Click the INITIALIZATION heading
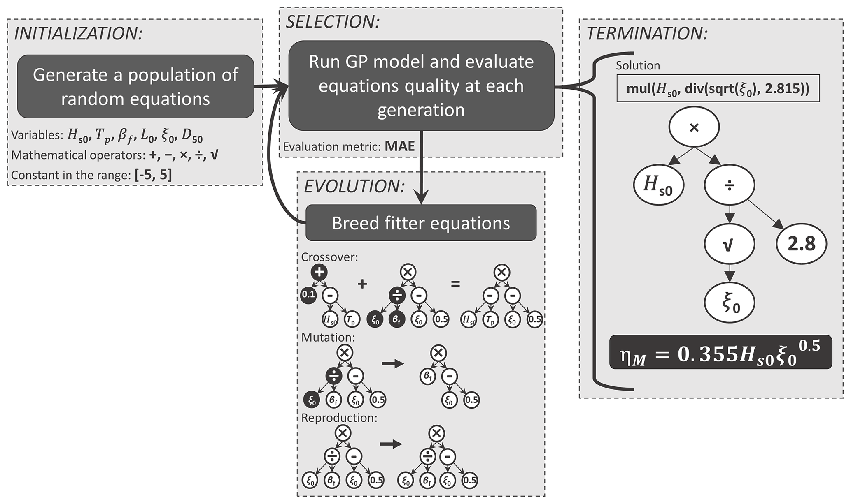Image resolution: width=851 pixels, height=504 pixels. pyautogui.click(x=78, y=33)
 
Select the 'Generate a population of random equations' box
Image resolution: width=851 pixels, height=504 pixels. pyautogui.click(x=135, y=87)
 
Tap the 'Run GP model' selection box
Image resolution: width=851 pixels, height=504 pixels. pyautogui.click(x=421, y=86)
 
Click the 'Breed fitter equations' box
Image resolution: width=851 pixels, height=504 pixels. pyautogui.click(x=421, y=223)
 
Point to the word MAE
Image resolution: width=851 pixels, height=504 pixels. pyautogui.click(x=400, y=146)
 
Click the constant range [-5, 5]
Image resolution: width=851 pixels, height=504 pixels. pyautogui.click(x=153, y=175)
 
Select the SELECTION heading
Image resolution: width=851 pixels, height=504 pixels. pyautogui.click(x=332, y=22)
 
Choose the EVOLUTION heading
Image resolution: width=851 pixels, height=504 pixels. pyautogui.click(x=354, y=186)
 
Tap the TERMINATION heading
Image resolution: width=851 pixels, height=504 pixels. pyautogui.click(x=646, y=33)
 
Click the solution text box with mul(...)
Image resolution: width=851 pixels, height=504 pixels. pyautogui.click(x=718, y=88)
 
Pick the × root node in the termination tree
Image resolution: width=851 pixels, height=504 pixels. pyautogui.click(x=694, y=127)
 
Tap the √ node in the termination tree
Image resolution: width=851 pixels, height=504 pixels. pyautogui.click(x=729, y=245)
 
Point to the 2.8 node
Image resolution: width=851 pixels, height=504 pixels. pyautogui.click(x=801, y=244)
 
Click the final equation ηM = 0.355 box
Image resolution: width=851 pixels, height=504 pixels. pyautogui.click(x=720, y=352)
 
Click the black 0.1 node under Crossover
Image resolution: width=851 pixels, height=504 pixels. pyautogui.click(x=308, y=295)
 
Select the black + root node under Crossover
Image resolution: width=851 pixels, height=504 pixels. pyautogui.click(x=319, y=272)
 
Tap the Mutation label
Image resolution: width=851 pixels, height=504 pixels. pyautogui.click(x=328, y=338)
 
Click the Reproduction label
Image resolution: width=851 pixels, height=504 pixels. pyautogui.click(x=339, y=418)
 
